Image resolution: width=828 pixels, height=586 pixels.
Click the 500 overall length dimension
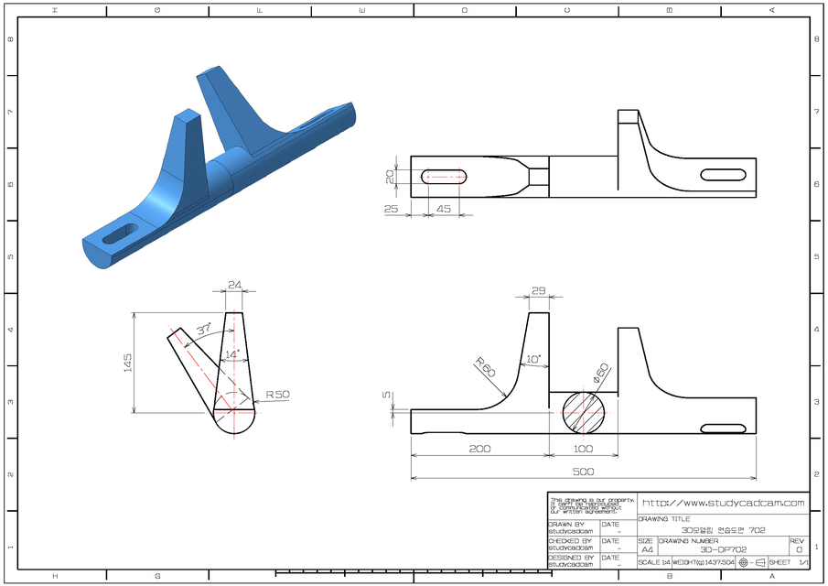(583, 472)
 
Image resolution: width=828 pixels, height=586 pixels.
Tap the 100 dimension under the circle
(582, 449)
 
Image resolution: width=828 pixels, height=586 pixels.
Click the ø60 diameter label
(600, 372)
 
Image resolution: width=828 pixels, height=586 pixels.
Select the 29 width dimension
(538, 290)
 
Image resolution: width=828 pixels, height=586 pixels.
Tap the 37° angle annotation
(203, 328)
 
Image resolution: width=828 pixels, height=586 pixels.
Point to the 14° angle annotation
(232, 353)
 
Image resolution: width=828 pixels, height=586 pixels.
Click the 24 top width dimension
(234, 285)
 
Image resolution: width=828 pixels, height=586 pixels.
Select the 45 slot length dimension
(444, 209)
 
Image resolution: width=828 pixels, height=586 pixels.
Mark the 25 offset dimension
(392, 209)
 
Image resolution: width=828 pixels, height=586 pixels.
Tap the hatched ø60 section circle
(583, 413)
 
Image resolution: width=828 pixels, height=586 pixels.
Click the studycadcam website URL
(723, 503)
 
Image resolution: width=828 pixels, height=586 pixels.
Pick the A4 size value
(647, 549)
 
